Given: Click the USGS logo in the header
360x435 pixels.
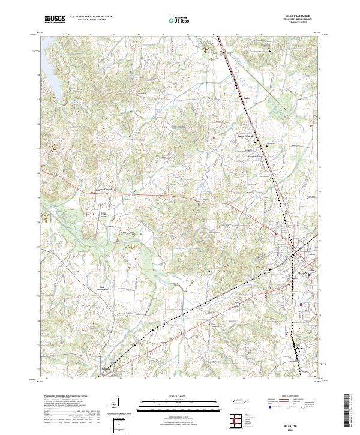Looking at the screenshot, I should (55, 19).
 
